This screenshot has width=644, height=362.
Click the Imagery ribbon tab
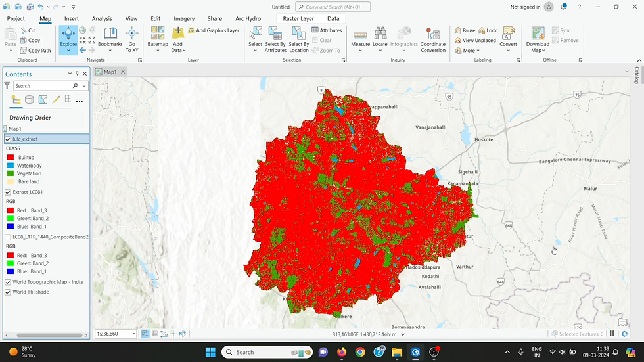click(184, 19)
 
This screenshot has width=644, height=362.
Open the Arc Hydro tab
click(248, 19)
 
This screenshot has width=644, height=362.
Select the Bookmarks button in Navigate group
click(110, 39)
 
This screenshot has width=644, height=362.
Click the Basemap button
click(158, 39)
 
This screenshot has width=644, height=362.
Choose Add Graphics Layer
click(214, 30)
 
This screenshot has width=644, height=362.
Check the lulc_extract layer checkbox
click(8, 139)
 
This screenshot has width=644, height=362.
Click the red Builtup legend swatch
click(11, 158)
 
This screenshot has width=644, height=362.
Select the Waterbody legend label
click(30, 166)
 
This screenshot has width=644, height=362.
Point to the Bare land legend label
click(29, 181)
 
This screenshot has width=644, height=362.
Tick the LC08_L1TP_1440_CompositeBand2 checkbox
click(8, 237)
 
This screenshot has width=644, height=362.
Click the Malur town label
click(590, 189)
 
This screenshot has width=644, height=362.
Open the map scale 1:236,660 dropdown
click(133, 334)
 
